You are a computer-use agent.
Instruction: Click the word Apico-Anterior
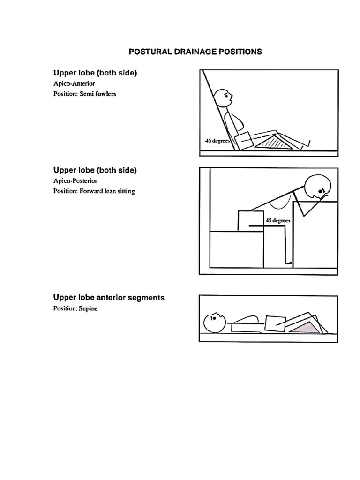pos(74,83)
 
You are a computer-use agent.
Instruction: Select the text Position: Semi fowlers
pos(85,94)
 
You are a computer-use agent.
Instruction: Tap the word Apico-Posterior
pos(75,180)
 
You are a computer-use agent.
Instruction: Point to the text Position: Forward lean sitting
pos(94,191)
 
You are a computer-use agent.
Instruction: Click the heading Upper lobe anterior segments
pos(109,298)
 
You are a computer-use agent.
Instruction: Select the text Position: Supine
pos(75,308)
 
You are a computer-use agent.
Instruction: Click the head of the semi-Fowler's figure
pos(223,98)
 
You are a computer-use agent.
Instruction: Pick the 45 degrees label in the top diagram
pos(216,141)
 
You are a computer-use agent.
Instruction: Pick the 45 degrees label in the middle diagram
pos(277,220)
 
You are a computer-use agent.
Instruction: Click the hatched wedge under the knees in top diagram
pos(276,142)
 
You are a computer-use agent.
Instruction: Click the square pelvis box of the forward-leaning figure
pos(250,221)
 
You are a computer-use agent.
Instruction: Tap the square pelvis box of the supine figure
pos(275,323)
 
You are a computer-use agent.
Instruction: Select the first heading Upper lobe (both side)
pos(95,73)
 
